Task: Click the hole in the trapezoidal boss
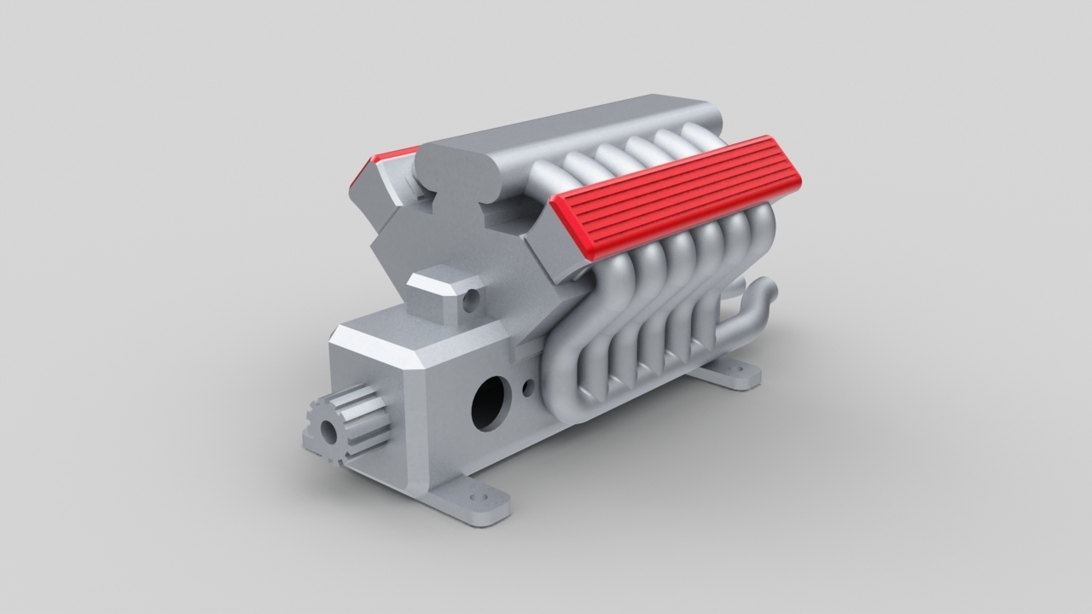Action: (469, 300)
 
